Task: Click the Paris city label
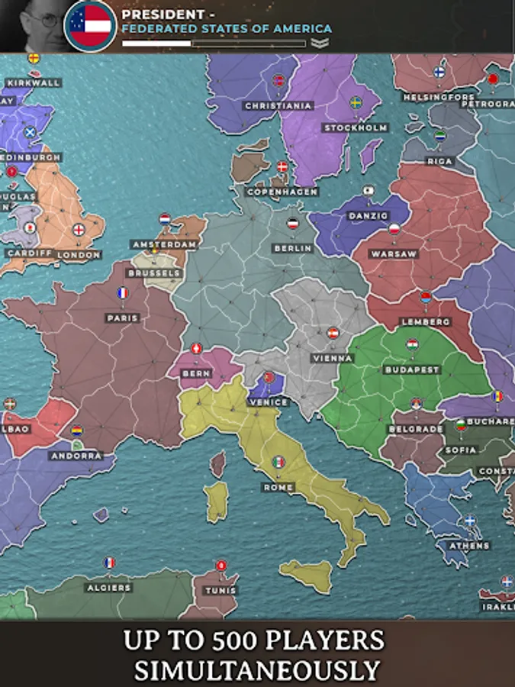123,318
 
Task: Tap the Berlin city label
293,248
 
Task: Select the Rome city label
278,487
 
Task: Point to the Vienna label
333,358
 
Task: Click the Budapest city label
412,369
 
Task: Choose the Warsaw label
393,253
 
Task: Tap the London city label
79,255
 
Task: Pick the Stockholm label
356,127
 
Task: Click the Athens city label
469,546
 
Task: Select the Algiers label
109,588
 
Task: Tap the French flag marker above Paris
122,293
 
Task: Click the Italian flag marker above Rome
278,463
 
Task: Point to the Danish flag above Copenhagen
282,166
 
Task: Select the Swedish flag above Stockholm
356,102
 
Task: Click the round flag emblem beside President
90,25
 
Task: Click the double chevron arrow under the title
320,44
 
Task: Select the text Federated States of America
227,28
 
